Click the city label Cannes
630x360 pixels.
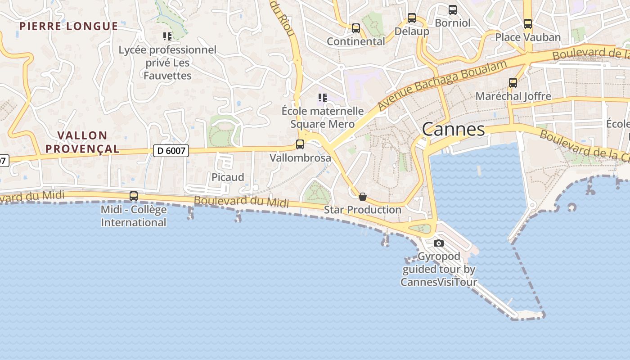coord(453,130)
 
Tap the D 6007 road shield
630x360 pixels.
coord(171,151)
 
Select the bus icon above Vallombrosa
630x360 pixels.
coord(300,144)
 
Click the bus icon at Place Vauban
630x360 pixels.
coord(528,24)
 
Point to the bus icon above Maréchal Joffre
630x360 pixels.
coord(513,83)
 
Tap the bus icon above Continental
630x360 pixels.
coord(356,28)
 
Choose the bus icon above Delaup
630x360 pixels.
coord(412,18)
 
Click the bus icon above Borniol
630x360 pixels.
coord(453,9)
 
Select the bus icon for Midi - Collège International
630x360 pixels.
coord(134,196)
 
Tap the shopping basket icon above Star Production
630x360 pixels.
coord(363,197)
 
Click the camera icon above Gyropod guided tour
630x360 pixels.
coord(439,243)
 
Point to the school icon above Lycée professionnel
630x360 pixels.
coord(167,36)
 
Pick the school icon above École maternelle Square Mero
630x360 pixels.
coord(322,97)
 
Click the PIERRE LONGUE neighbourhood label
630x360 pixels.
coord(69,26)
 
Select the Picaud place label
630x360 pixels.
coord(228,177)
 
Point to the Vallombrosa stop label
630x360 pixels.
coord(300,158)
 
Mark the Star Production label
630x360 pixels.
coord(363,210)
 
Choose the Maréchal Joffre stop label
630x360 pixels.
coord(513,96)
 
